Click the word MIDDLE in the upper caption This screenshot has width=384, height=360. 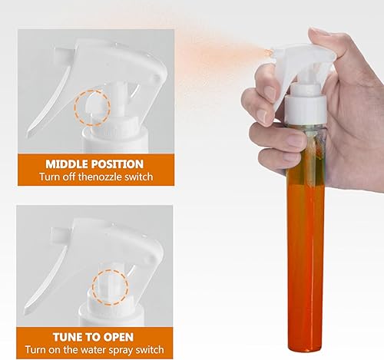coord(67,164)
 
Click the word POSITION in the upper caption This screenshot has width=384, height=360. coord(118,164)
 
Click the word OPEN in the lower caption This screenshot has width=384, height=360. coord(118,337)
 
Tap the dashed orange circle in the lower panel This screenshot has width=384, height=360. coord(92,286)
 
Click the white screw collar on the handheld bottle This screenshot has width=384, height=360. coord(306,110)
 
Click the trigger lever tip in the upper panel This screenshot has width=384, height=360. coord(29,135)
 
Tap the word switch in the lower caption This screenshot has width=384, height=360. coord(150,350)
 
